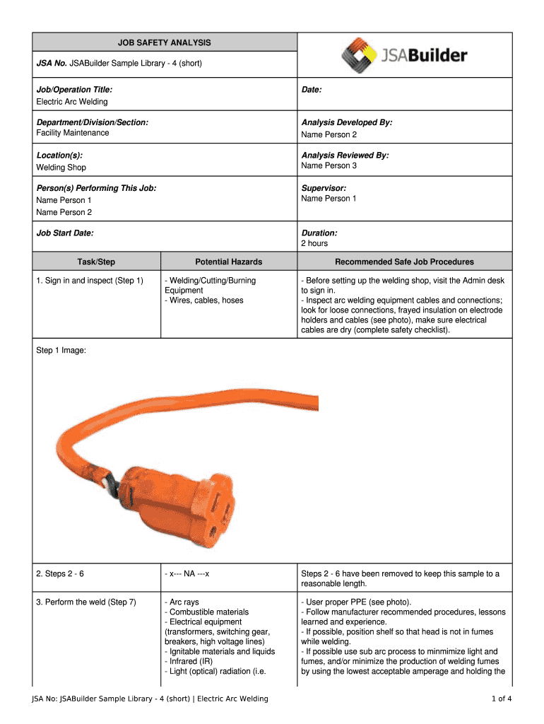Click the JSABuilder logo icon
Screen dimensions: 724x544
tap(360, 54)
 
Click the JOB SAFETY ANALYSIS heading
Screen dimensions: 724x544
tap(164, 42)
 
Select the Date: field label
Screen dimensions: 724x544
tap(312, 90)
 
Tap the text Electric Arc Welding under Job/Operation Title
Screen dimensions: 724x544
tap(72, 102)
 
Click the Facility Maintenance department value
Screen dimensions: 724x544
tap(73, 133)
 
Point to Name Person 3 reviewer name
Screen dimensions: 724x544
tap(329, 165)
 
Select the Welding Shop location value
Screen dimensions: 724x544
tap(61, 168)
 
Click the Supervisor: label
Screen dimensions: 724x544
tap(324, 188)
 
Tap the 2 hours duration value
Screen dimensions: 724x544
tap(314, 243)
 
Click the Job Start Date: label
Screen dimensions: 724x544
tap(65, 233)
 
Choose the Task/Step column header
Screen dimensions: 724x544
tap(96, 262)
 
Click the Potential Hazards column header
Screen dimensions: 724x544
tap(228, 262)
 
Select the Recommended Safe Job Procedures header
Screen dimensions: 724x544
tap(404, 262)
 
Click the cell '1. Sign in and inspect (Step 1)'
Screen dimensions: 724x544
tap(90, 281)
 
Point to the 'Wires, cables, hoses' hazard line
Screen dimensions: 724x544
tap(204, 300)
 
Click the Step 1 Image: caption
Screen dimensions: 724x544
tap(61, 349)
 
